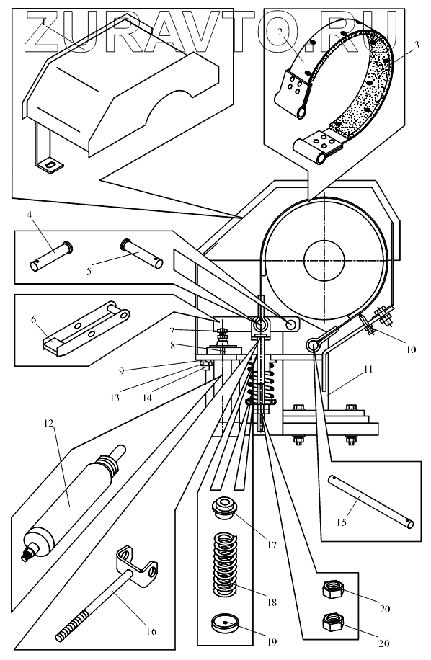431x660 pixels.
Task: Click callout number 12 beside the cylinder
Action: coord(49,423)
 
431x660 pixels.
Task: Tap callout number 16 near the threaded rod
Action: coord(151,631)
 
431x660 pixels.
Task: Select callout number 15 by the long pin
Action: coord(342,522)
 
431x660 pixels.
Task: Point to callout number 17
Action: coord(272,545)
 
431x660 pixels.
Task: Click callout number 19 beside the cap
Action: coord(272,642)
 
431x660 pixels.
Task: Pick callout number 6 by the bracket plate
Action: coord(33,320)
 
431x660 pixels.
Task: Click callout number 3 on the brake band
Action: coord(416,45)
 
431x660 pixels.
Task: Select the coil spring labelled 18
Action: coord(225,565)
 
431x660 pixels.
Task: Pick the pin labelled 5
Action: coord(142,254)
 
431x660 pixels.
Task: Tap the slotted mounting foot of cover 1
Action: coord(50,166)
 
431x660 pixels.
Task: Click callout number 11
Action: coord(368,369)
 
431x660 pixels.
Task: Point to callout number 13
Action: coord(115,397)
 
